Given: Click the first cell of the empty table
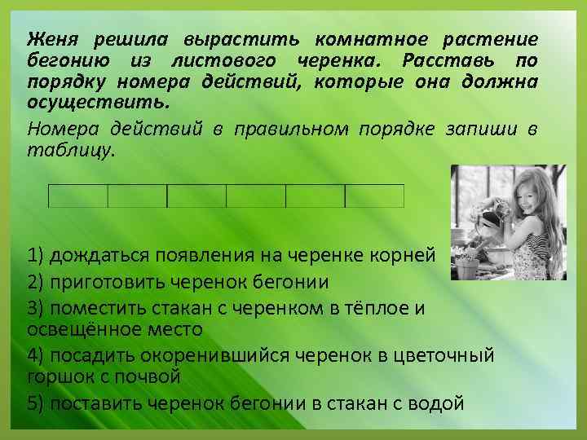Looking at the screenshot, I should pos(79,196).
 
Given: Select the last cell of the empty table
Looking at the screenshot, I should pos(374,196).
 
